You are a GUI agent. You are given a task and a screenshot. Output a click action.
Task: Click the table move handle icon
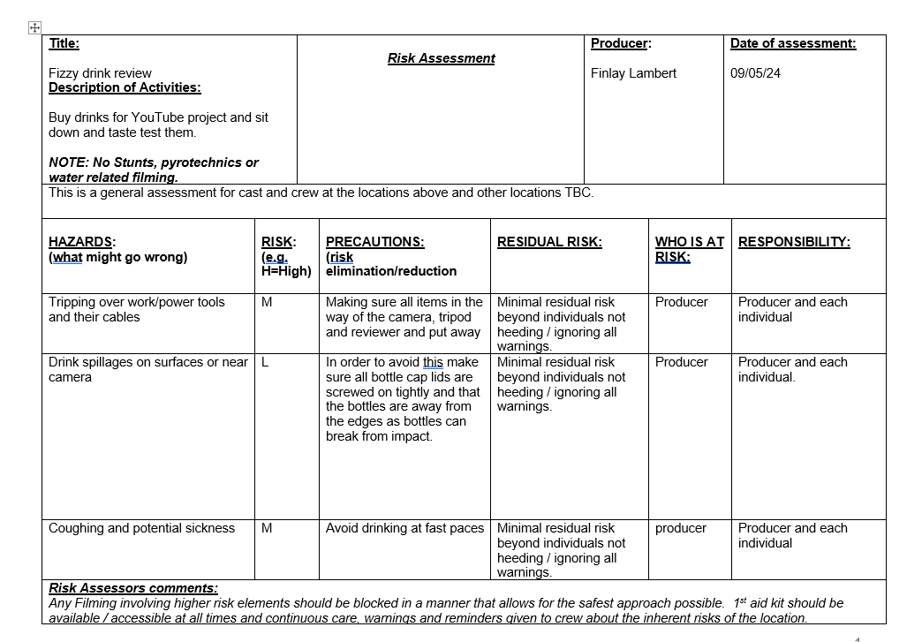(34, 28)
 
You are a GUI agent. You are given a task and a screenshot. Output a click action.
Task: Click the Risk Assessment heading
(441, 58)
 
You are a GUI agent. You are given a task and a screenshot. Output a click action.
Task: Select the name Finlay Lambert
(633, 73)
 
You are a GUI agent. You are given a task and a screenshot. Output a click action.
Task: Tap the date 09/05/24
(755, 73)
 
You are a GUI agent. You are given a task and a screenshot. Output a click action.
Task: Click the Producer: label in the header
(621, 43)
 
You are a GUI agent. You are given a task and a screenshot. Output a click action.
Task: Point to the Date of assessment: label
(793, 43)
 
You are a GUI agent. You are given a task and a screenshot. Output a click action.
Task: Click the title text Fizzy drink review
(100, 73)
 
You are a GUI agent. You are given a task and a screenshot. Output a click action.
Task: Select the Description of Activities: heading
(125, 87)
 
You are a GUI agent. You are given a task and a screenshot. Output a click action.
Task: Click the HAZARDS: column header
(82, 242)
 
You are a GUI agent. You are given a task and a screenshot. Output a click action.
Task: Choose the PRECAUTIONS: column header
(374, 242)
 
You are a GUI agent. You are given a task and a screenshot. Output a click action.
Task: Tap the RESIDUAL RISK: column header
(549, 242)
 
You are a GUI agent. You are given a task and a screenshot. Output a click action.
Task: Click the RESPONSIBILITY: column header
(794, 242)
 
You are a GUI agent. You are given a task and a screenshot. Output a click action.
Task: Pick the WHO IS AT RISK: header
(689, 249)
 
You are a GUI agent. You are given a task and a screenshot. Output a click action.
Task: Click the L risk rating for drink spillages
(266, 362)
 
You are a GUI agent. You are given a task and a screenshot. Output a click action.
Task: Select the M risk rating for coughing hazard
(267, 528)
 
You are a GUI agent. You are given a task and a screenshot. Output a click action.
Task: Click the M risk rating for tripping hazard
(267, 302)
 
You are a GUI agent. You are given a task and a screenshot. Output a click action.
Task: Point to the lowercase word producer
(680, 528)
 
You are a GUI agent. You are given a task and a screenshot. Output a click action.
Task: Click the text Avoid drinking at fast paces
(404, 528)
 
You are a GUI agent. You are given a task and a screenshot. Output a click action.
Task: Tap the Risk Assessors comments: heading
(133, 588)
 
